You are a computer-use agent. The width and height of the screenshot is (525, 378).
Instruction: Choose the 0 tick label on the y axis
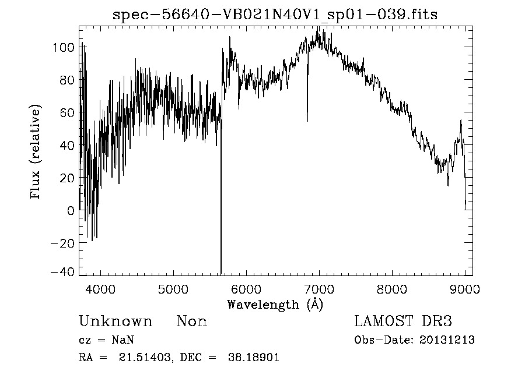tap(71, 211)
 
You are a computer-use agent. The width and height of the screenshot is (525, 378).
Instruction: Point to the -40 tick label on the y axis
tap(63, 272)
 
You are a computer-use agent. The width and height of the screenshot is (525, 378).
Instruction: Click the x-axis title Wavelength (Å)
tap(275, 304)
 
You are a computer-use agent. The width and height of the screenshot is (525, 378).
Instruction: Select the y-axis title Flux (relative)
tap(36, 153)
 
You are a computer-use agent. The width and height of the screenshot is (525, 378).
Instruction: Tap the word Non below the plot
tap(192, 322)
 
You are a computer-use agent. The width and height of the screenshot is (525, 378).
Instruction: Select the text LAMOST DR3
tap(403, 322)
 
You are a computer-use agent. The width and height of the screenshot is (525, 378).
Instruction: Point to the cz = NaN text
tap(110, 340)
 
